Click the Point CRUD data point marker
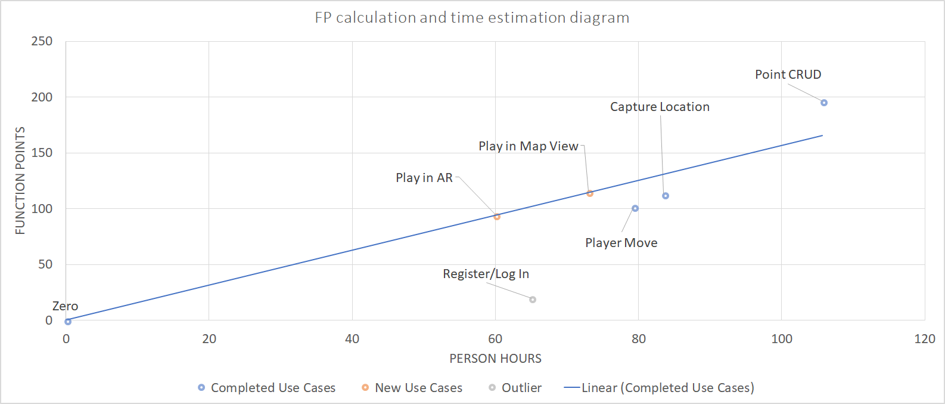pos(824,103)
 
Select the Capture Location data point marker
pos(666,196)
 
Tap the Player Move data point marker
pos(635,208)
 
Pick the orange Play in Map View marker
pos(590,193)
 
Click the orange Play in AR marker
pos(497,217)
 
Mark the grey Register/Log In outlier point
pos(533,300)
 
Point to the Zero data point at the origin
pos(68,322)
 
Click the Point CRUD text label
pos(788,75)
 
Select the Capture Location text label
pos(660,107)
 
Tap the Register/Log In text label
pos(486,274)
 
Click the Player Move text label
pos(621,243)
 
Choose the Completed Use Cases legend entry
pos(267,388)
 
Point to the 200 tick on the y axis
pos(42,97)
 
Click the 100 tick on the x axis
pos(782,339)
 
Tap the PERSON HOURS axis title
pos(495,359)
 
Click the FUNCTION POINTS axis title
pos(20,180)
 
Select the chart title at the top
pos(472,18)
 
